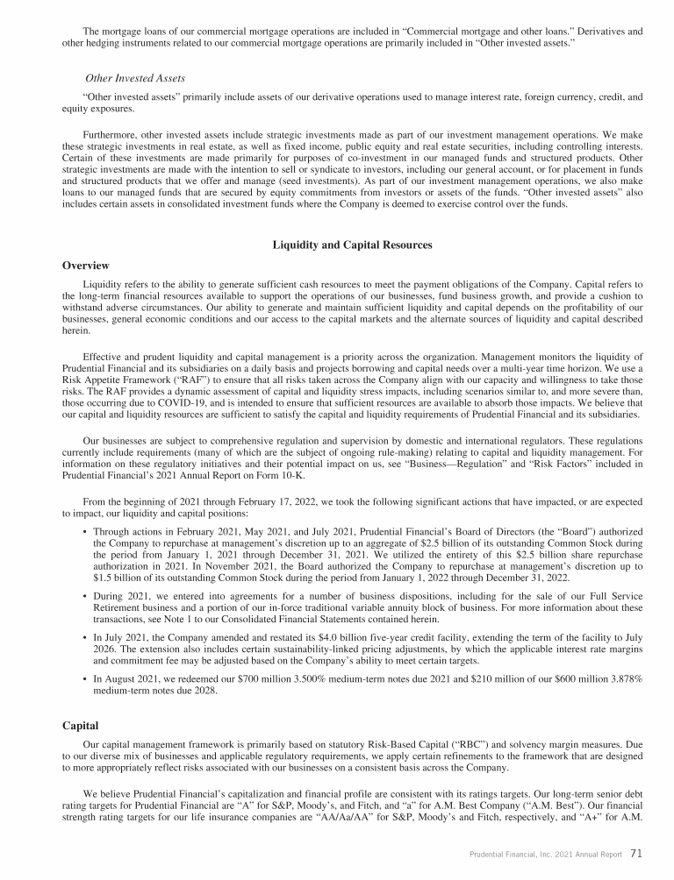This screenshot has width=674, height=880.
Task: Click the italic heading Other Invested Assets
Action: pyautogui.click(x=134, y=78)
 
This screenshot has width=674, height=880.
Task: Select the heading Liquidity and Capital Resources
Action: pyautogui.click(x=354, y=245)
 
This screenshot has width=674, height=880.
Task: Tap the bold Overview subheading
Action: pyautogui.click(x=87, y=264)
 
